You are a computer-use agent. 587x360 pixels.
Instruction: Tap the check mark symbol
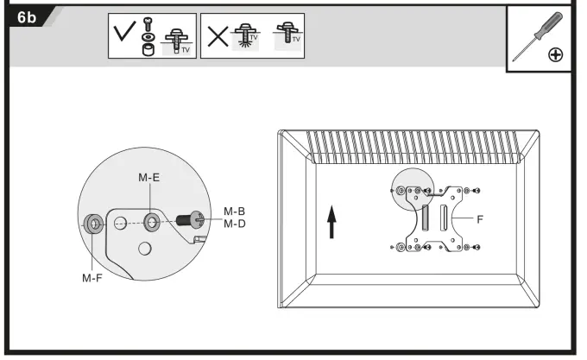(123, 35)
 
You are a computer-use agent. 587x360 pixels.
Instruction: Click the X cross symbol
(218, 35)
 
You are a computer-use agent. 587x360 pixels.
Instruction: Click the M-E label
(149, 177)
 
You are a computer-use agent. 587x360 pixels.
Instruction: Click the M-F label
(93, 277)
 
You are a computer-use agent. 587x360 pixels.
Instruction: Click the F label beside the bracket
(480, 219)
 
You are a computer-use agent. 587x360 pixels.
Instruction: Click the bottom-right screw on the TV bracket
(477, 248)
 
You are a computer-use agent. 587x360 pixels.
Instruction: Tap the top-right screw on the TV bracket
(477, 190)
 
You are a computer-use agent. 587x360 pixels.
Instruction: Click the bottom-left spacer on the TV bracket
(405, 248)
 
